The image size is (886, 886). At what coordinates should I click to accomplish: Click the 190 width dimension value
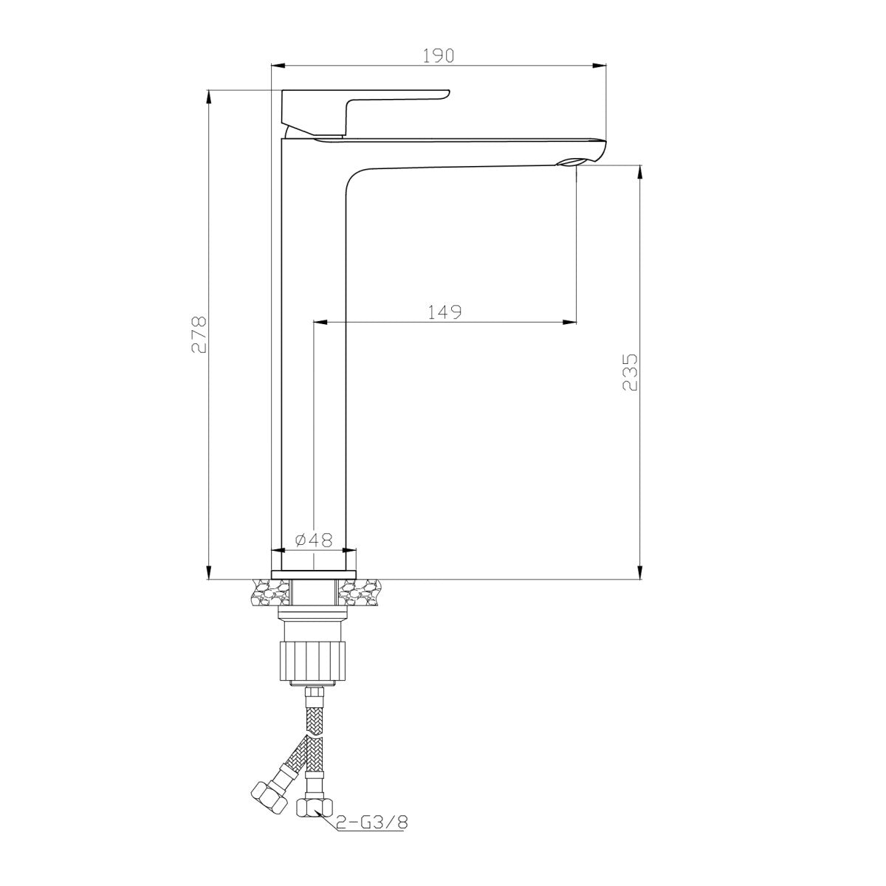click(438, 55)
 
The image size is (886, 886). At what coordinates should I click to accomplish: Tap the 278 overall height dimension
click(199, 334)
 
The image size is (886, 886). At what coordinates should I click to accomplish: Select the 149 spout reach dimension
click(444, 312)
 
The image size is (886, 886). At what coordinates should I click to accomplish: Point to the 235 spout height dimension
click(630, 372)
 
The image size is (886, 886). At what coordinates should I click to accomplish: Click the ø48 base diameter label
click(314, 540)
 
